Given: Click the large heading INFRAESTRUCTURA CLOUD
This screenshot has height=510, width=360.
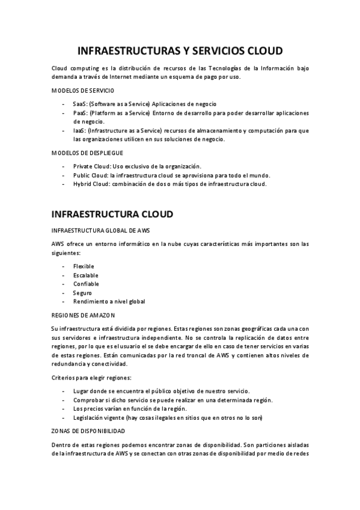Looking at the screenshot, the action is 112,214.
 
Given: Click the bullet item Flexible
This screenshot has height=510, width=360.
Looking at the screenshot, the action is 84,266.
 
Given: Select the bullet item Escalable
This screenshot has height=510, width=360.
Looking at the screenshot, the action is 85,275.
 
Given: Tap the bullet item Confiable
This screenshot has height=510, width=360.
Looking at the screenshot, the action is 86,284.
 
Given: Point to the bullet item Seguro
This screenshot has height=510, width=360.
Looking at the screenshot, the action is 82,292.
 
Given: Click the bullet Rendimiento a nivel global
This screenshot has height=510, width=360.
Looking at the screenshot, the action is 109,301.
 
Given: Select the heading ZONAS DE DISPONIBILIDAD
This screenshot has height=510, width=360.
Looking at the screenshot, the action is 88,431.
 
